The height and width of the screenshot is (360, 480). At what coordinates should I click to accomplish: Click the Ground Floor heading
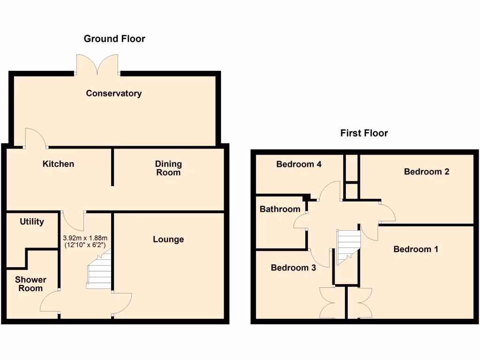pyautogui.click(x=114, y=39)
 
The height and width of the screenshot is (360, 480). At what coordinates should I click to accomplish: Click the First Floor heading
pyautogui.click(x=364, y=133)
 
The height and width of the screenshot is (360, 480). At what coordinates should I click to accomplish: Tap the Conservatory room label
pyautogui.click(x=113, y=93)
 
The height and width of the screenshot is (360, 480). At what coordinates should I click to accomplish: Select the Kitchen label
pyautogui.click(x=58, y=164)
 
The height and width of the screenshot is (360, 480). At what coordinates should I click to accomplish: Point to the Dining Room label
pyautogui.click(x=168, y=168)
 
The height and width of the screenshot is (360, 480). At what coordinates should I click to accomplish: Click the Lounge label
pyautogui.click(x=168, y=240)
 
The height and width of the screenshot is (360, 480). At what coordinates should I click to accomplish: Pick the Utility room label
pyautogui.click(x=32, y=222)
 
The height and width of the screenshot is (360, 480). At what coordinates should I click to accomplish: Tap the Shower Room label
pyautogui.click(x=30, y=284)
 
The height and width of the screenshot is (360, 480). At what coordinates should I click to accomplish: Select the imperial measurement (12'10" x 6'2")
pyautogui.click(x=85, y=245)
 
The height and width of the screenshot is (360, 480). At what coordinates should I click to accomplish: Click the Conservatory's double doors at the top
pyautogui.click(x=97, y=65)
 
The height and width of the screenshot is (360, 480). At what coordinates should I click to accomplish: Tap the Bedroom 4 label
pyautogui.click(x=299, y=164)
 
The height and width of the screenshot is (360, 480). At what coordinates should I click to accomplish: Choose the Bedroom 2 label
pyautogui.click(x=427, y=172)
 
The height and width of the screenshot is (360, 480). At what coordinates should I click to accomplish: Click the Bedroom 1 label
pyautogui.click(x=415, y=249)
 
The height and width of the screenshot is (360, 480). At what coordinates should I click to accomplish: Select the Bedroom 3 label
pyautogui.click(x=293, y=268)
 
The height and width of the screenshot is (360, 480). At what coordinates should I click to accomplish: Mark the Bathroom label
pyautogui.click(x=280, y=209)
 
